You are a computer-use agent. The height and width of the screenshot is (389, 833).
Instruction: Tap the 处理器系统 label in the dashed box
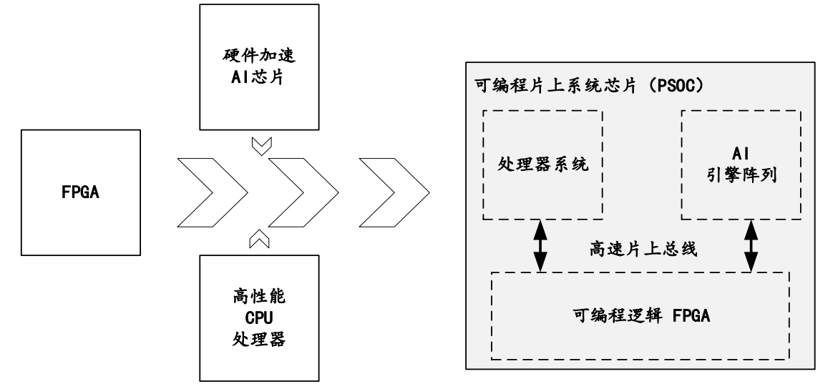pos(542,165)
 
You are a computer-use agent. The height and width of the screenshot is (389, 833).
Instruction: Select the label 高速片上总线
pos(643,250)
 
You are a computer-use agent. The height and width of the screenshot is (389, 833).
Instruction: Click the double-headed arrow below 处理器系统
pos(542,245)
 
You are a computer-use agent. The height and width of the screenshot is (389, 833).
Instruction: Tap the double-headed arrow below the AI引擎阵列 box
pos(751,245)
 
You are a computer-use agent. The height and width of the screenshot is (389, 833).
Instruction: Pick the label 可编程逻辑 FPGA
pos(640,315)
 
